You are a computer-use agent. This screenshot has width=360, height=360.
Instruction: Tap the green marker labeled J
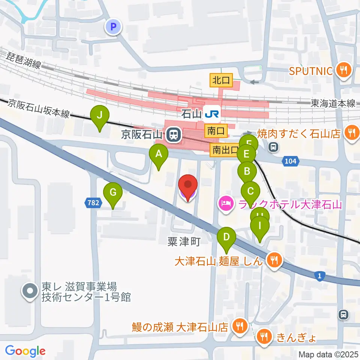(99, 116)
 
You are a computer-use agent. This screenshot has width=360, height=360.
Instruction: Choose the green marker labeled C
(250, 191)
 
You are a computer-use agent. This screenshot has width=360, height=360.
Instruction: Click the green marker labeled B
(247, 171)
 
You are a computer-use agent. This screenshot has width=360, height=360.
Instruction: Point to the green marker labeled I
(260, 226)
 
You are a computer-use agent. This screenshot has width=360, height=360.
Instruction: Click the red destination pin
(187, 185)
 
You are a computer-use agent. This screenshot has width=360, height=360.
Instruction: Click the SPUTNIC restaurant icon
(343, 70)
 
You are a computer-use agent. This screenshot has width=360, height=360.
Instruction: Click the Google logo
(25, 351)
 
